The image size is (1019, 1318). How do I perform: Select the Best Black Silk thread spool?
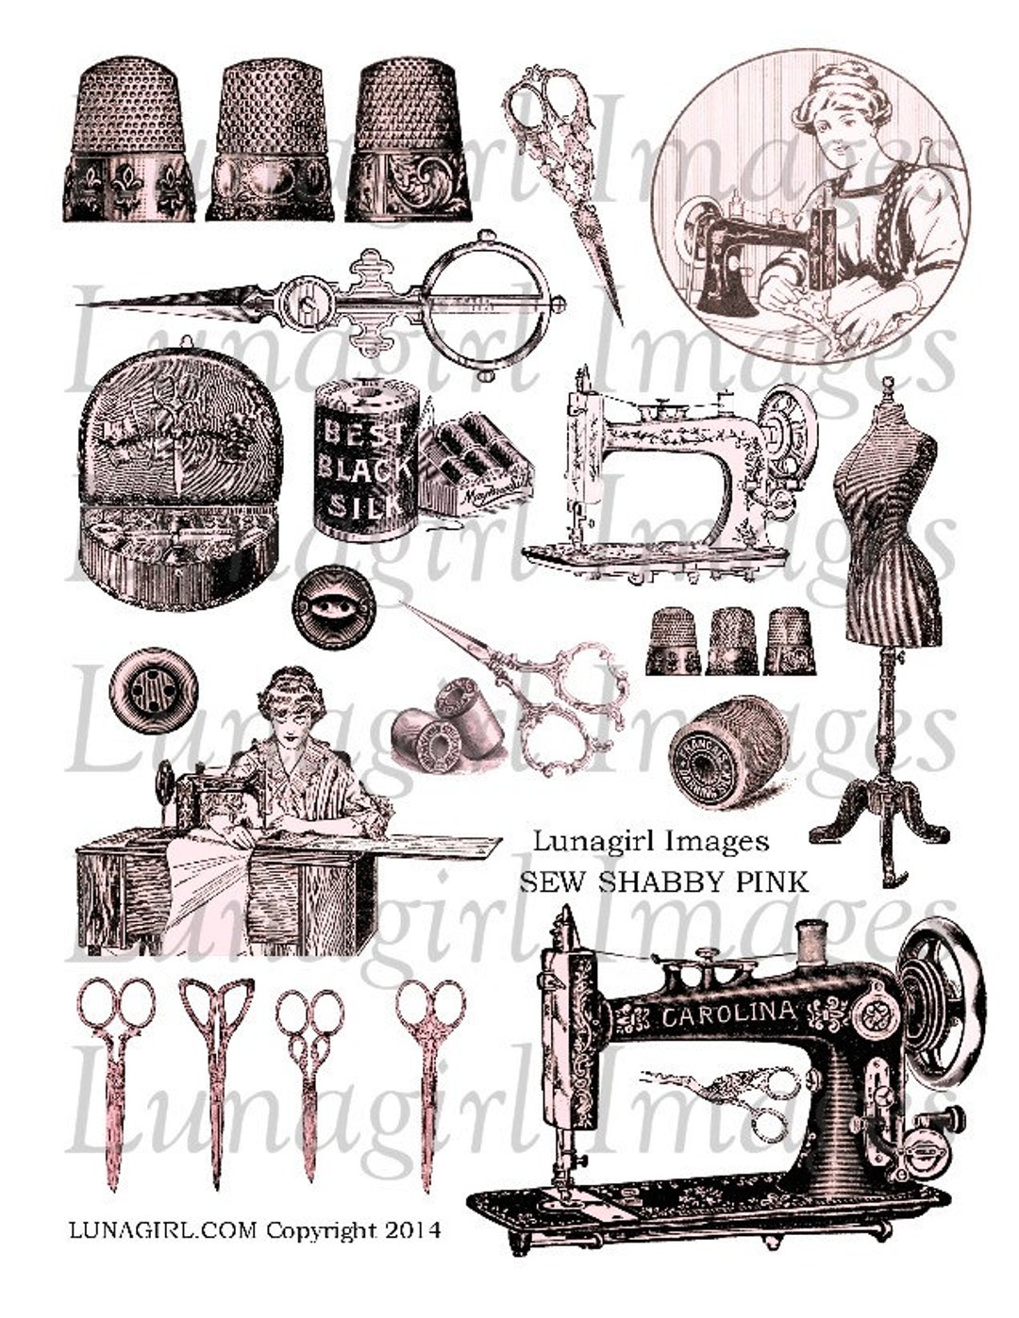click(x=365, y=462)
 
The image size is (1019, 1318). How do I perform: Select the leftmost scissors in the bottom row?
click(x=115, y=1075)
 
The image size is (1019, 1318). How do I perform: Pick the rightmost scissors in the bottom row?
click(x=429, y=1075)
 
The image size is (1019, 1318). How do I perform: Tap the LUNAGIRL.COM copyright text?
click(x=255, y=1230)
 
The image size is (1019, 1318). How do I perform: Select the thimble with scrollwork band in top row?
click(x=408, y=141)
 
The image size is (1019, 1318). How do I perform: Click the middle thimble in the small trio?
click(x=733, y=641)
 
